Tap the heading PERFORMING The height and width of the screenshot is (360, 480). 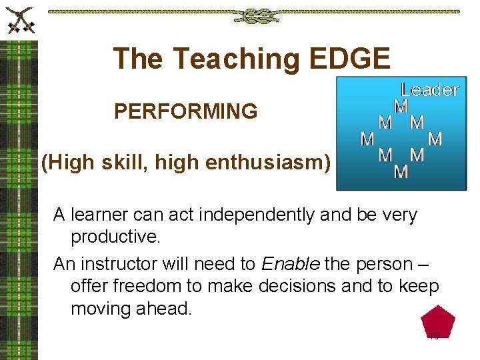185,111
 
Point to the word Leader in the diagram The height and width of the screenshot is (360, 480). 430,90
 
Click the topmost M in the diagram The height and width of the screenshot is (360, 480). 401,107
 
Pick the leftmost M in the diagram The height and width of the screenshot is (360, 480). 367,139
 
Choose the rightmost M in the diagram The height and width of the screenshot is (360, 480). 435,139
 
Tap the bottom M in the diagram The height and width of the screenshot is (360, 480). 401,172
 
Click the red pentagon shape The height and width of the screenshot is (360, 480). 437,323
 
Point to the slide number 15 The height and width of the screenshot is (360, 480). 434,336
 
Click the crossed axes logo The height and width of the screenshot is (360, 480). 19,20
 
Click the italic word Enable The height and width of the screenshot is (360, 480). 291,264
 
